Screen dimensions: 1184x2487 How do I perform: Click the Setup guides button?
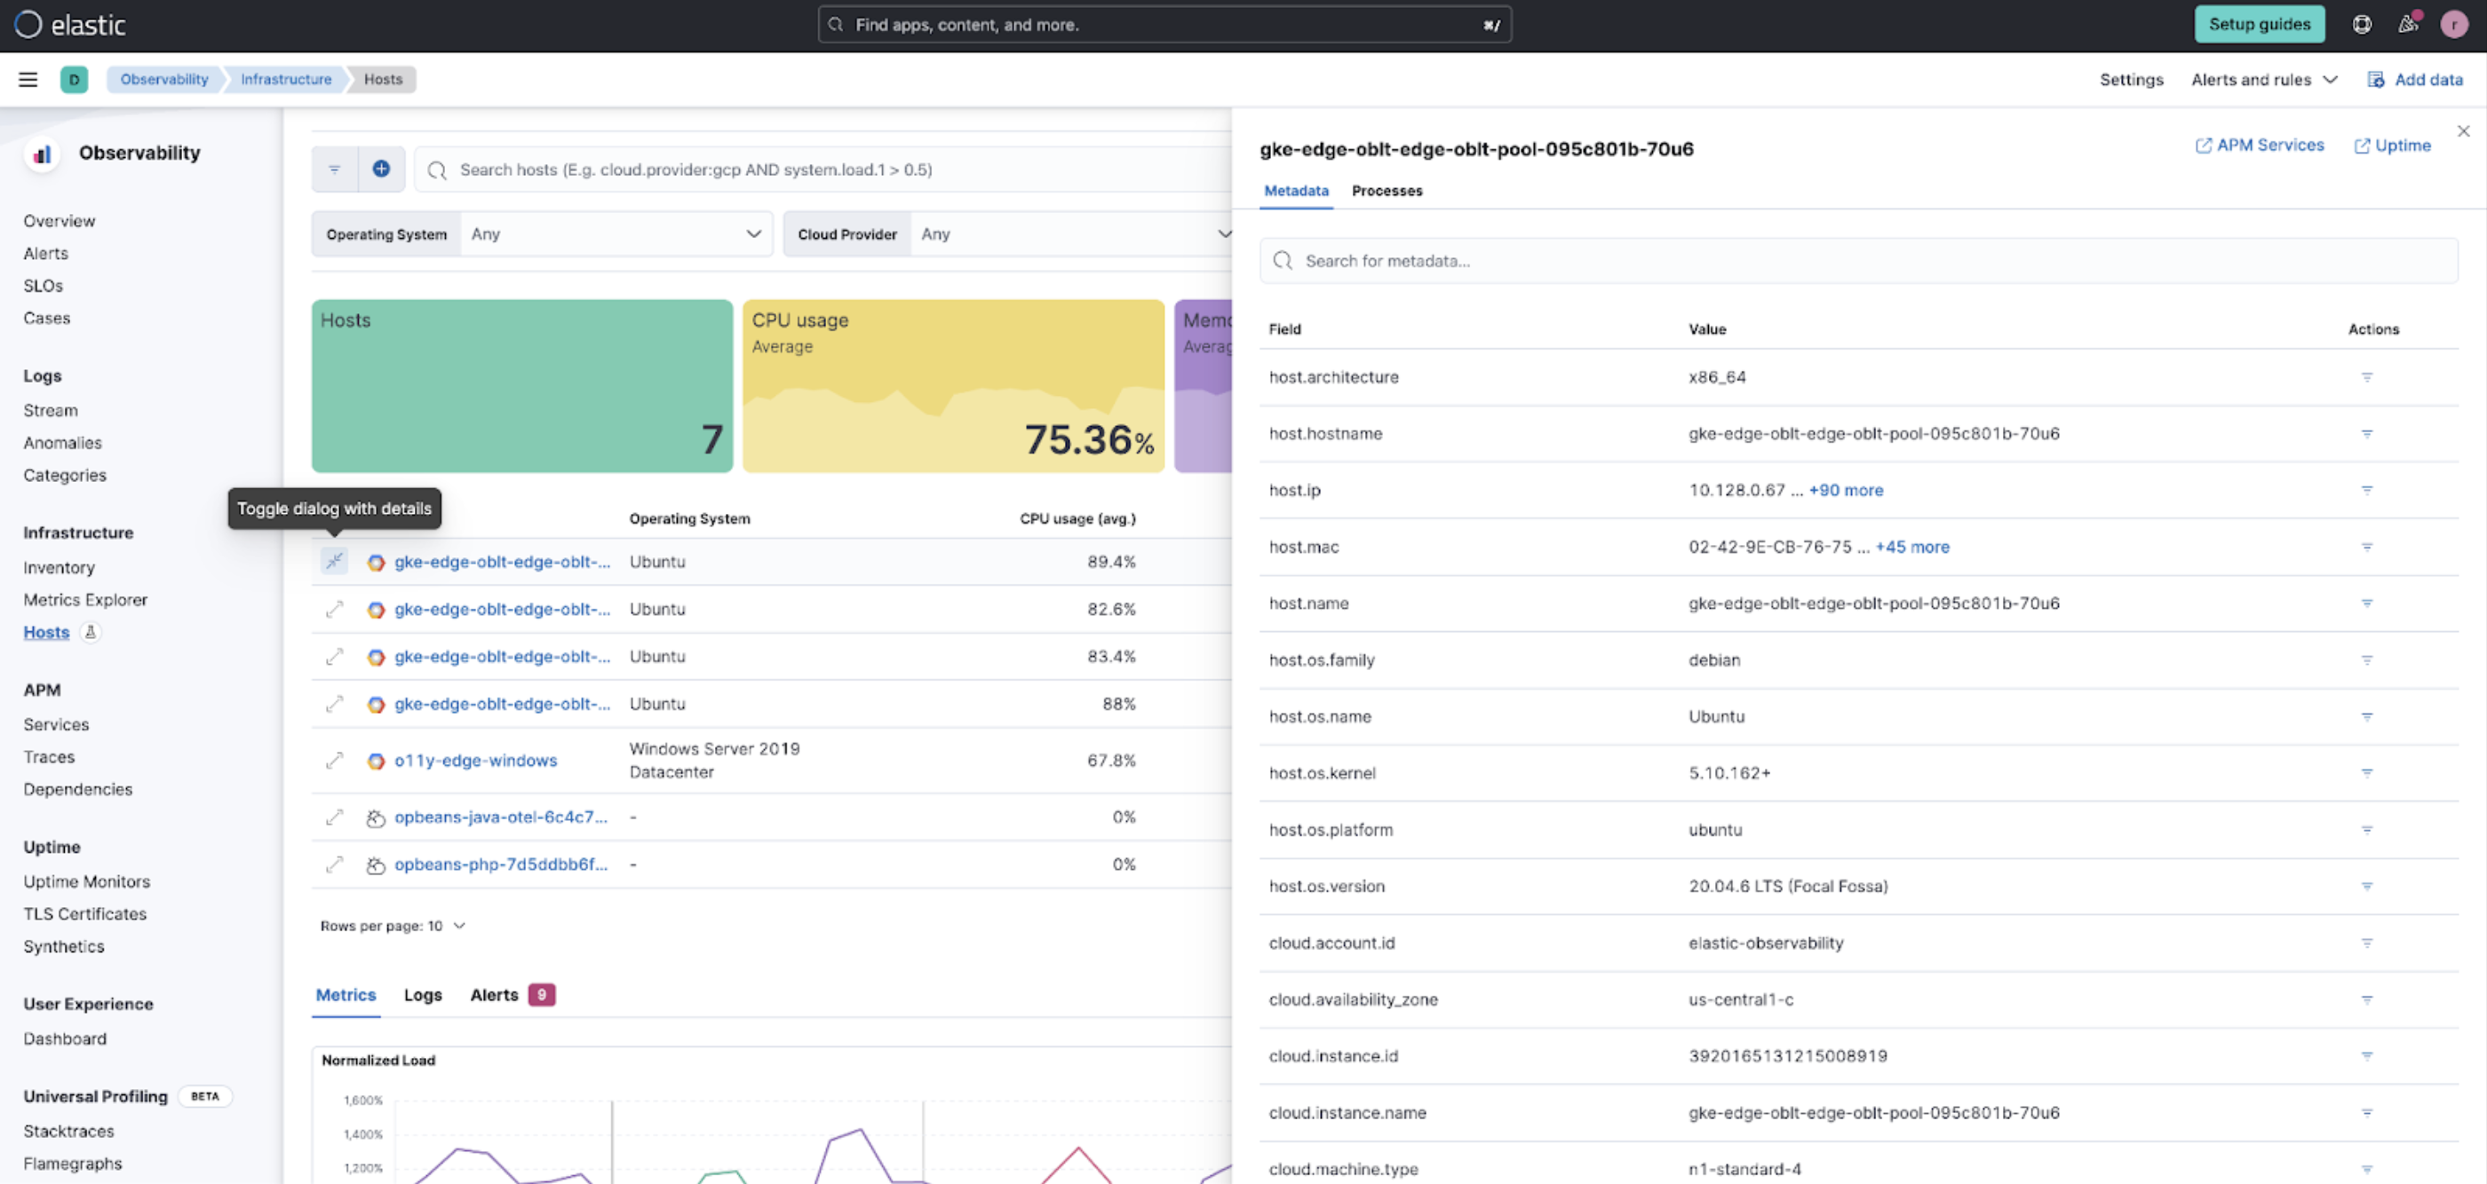pyautogui.click(x=2258, y=24)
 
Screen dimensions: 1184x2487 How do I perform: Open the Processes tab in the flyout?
pyautogui.click(x=1387, y=191)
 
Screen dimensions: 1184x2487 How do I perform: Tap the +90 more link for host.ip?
pyautogui.click(x=1845, y=490)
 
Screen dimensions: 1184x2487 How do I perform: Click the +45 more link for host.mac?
pyautogui.click(x=1911, y=547)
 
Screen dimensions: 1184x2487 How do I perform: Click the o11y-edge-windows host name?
pyautogui.click(x=475, y=761)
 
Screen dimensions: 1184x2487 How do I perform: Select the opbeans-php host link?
pyautogui.click(x=500, y=864)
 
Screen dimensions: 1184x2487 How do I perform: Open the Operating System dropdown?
pyautogui.click(x=616, y=234)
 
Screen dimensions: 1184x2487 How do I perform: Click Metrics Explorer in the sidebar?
pyautogui.click(x=85, y=600)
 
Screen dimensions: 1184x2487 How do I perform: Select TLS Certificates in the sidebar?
pyautogui.click(x=85, y=914)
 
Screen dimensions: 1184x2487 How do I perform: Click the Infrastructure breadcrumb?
pyautogui.click(x=286, y=79)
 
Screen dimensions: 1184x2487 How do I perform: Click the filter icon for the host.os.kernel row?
pyautogui.click(x=2366, y=773)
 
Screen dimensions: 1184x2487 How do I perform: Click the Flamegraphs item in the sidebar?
pyautogui.click(x=73, y=1164)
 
